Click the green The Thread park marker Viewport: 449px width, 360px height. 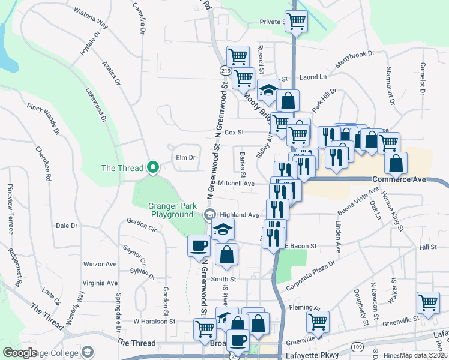tap(153, 168)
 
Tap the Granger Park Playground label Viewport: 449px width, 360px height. tap(173, 210)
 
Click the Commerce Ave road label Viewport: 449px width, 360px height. tap(399, 179)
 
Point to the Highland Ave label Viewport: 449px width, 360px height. tap(239, 215)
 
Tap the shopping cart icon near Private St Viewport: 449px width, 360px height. tap(296, 22)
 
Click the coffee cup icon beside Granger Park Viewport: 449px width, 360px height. tap(199, 245)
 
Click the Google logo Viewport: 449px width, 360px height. tap(20, 353)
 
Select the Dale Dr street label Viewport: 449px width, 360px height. tap(67, 226)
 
